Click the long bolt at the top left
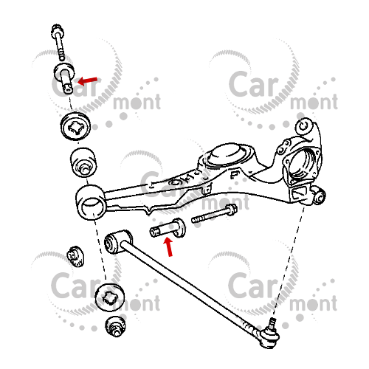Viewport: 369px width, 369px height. click(x=58, y=42)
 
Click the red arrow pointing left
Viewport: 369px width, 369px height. click(x=88, y=80)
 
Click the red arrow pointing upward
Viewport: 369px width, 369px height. click(x=168, y=246)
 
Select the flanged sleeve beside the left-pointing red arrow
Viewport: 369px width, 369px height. click(x=64, y=77)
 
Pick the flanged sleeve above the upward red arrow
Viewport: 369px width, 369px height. click(x=168, y=228)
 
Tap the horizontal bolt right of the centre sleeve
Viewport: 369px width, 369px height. click(x=214, y=213)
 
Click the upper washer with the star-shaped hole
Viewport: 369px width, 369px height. click(x=75, y=126)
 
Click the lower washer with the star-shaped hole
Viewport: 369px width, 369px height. click(x=109, y=297)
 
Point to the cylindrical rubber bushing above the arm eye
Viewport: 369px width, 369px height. click(x=83, y=162)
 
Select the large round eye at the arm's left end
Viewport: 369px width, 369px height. click(x=90, y=202)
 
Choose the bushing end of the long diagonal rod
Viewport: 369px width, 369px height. click(x=117, y=241)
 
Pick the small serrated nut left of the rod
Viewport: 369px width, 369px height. click(x=75, y=257)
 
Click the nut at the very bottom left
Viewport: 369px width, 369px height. click(x=115, y=327)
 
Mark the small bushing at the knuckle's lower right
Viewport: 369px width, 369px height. click(x=319, y=196)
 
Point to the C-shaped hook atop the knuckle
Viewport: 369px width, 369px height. click(x=305, y=127)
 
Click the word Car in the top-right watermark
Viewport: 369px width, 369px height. click(x=253, y=83)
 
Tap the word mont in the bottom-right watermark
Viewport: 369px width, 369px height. click(x=314, y=303)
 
